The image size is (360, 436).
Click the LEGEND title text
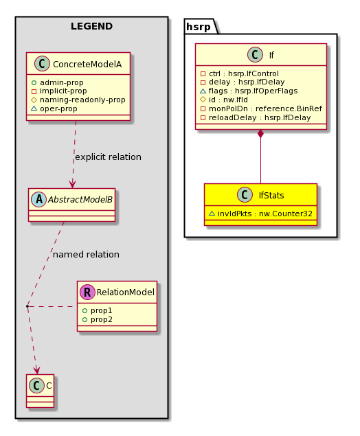pos(91,26)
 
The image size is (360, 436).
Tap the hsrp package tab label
pos(199,27)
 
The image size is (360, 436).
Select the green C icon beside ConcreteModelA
pos(42,64)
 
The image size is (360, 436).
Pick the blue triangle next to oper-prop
pos(34,108)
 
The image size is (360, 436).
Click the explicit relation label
pos(108,157)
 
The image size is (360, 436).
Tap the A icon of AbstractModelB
pos(38,199)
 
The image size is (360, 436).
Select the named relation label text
pos(86,255)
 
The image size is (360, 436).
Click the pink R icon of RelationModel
pos(87,292)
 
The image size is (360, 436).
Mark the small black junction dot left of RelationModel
pos(27,306)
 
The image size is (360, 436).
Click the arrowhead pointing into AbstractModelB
pos(73,184)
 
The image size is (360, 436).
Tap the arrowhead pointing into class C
pos(36,370)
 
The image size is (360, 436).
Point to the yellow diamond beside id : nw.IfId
pos(203,100)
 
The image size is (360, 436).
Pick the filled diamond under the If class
pos(260,134)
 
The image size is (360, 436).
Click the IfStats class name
pos(271,196)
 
